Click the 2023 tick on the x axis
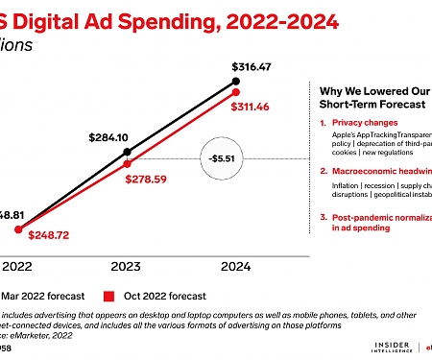pyautogui.click(x=128, y=266)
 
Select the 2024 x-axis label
pyautogui.click(x=235, y=266)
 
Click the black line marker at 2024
pyautogui.click(x=235, y=84)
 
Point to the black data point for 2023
pyautogui.click(x=128, y=153)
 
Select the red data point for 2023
pyautogui.click(x=128, y=163)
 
